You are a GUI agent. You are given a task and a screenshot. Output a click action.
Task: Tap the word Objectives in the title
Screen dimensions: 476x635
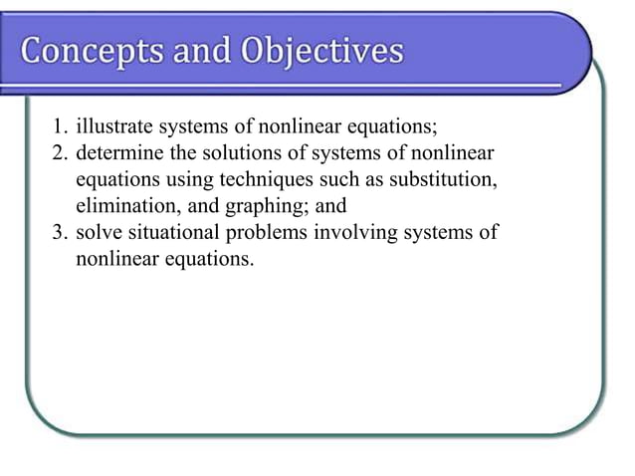[324, 51]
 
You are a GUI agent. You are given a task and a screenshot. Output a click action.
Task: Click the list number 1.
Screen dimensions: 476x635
[59, 128]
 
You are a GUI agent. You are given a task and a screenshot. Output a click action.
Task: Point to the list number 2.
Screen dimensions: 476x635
[59, 154]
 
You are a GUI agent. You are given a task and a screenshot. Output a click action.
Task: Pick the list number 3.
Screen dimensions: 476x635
[59, 233]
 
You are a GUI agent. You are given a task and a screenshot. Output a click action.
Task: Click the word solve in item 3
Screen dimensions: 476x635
[99, 233]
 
